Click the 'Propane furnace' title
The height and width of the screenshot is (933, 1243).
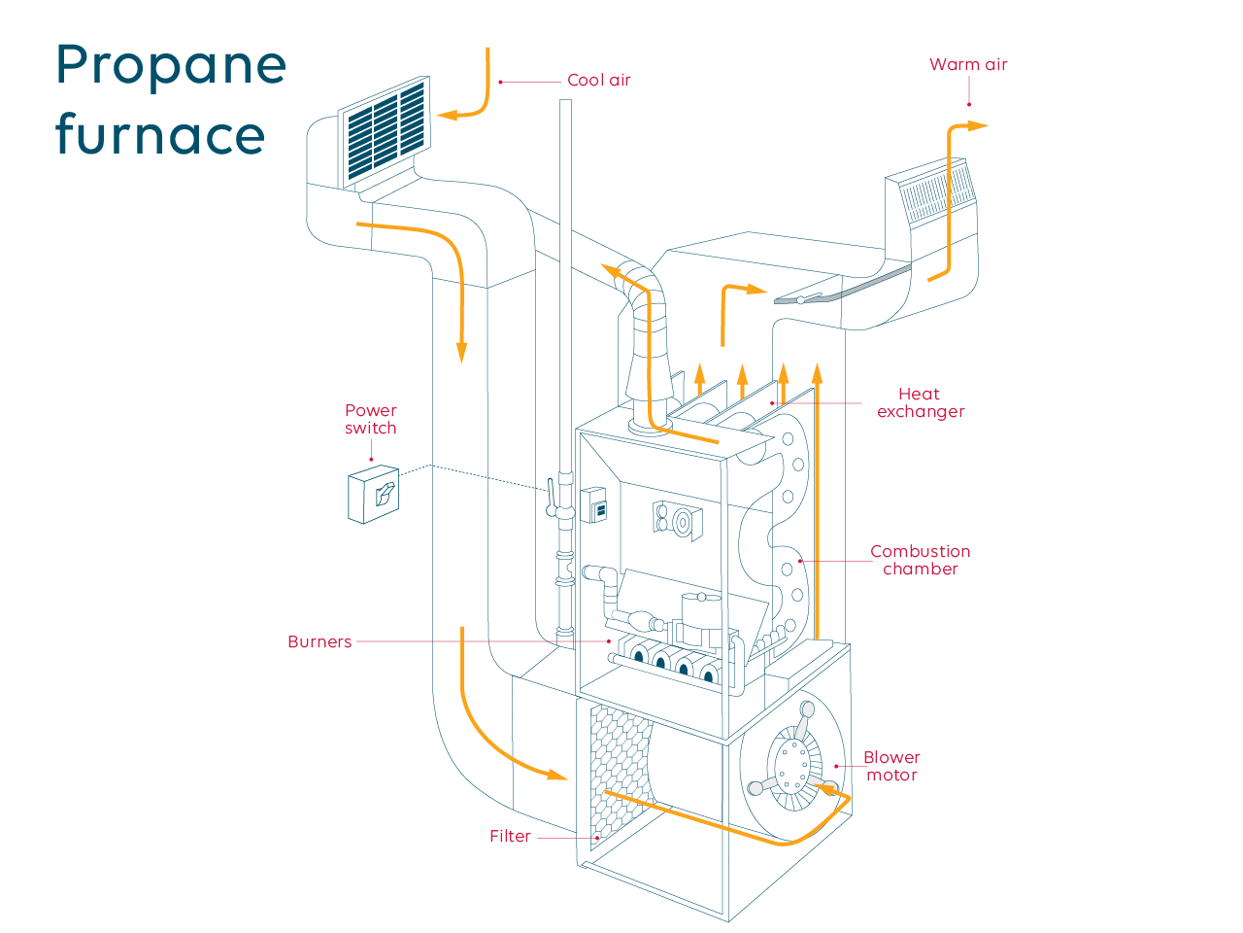(x=171, y=99)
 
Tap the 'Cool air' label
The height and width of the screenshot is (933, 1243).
(x=598, y=81)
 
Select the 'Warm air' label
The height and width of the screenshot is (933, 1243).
(x=968, y=65)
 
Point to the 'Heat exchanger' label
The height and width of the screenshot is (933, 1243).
(x=920, y=402)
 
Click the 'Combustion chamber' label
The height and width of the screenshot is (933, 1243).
(x=920, y=560)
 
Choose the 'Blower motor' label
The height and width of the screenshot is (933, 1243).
(x=891, y=766)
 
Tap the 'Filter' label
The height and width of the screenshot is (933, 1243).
(x=510, y=836)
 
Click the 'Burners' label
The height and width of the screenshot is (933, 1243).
(x=319, y=641)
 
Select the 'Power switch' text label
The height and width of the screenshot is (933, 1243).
(x=371, y=419)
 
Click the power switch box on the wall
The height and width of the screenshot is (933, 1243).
(x=374, y=496)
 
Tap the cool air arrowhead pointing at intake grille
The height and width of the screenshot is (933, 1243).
(x=448, y=115)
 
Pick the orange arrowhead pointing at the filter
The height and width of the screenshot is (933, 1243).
(x=556, y=776)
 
